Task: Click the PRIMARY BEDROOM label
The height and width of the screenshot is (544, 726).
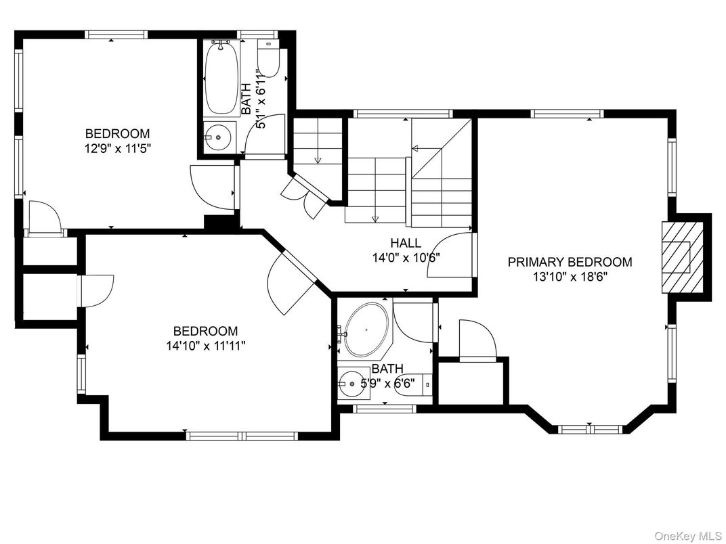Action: tap(570, 262)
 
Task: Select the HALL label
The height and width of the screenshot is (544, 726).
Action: tap(406, 243)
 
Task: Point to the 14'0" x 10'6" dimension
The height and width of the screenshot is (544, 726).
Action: tap(406, 257)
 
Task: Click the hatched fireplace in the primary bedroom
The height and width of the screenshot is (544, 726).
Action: tap(677, 256)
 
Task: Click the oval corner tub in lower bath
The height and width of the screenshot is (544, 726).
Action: tap(366, 330)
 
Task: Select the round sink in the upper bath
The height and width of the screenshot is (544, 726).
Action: tap(218, 138)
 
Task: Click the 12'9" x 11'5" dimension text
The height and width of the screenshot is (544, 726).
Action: tap(117, 148)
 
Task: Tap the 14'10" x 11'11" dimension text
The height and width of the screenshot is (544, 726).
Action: tap(205, 346)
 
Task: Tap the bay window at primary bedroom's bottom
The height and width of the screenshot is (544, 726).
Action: tap(588, 428)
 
